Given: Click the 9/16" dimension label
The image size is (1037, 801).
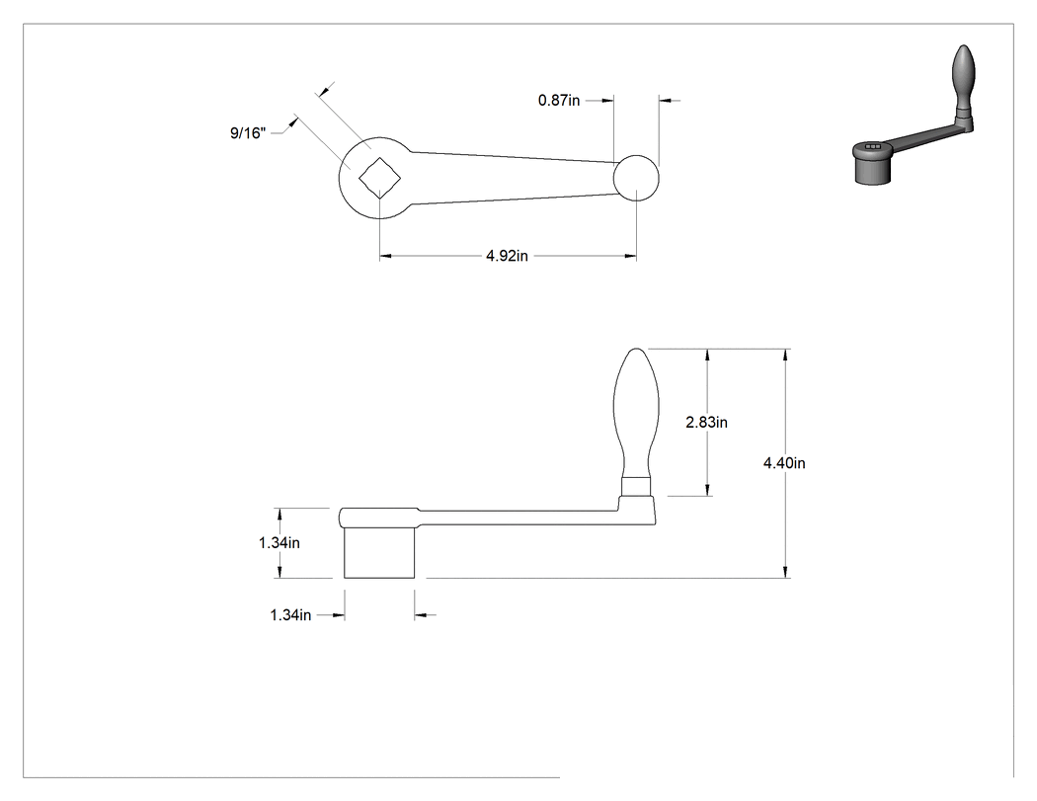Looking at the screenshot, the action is coord(248,133).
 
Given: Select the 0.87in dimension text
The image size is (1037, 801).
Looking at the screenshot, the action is coord(559,100).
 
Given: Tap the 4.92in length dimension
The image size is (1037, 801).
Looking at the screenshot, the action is coord(508,256).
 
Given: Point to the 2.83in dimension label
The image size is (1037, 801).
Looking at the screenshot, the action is coord(706,422).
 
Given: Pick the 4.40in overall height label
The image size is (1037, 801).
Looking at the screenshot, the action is coord(784,463).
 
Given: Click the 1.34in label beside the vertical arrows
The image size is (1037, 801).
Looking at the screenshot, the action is coord(279,542).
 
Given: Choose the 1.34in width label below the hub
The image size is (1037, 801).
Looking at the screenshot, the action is coord(290,615).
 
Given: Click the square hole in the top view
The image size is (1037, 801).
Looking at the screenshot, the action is coord(380,177).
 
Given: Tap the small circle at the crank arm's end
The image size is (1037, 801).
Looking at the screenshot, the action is coord(636,178).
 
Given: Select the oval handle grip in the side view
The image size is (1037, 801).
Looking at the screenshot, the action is coord(636,413).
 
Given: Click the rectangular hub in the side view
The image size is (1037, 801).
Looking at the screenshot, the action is coord(379,553).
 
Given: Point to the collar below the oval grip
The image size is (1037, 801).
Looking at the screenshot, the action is coord(636,487).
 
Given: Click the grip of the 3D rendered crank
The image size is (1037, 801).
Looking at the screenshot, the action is coord(962,73).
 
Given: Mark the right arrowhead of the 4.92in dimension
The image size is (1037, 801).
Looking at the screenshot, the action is coord(629,256).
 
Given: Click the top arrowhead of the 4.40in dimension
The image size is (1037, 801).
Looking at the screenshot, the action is coord(785,357).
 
